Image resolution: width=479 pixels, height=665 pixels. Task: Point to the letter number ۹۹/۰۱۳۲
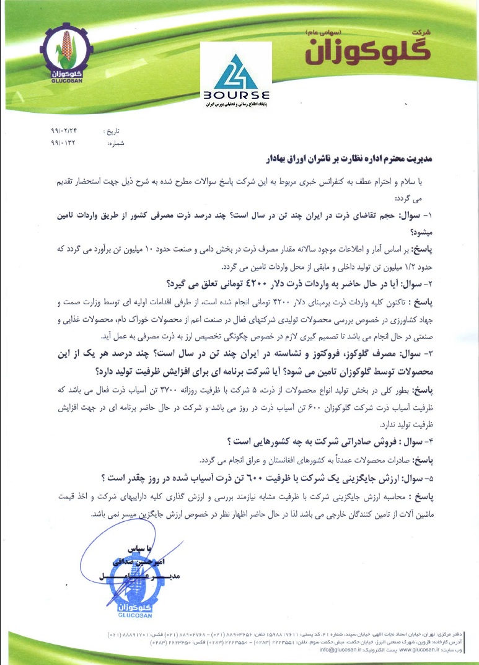click(63, 144)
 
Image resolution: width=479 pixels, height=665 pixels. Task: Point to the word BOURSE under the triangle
click(235, 96)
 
